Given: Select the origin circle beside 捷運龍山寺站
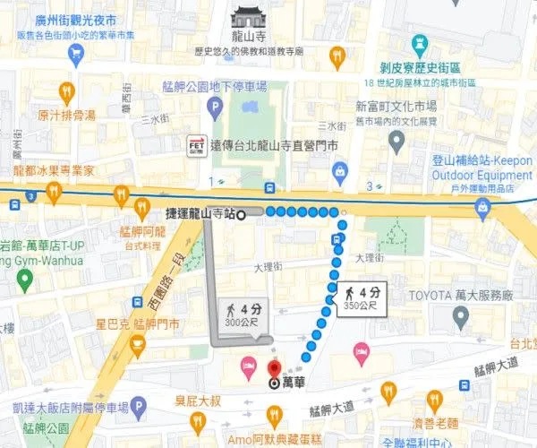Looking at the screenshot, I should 241,215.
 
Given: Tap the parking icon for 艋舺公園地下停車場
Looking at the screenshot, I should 215,108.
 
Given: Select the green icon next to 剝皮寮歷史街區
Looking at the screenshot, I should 419,45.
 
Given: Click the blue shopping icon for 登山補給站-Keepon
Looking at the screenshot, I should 483,208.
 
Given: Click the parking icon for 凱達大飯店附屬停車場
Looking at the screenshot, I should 138,410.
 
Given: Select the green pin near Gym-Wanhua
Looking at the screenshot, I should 24,280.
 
